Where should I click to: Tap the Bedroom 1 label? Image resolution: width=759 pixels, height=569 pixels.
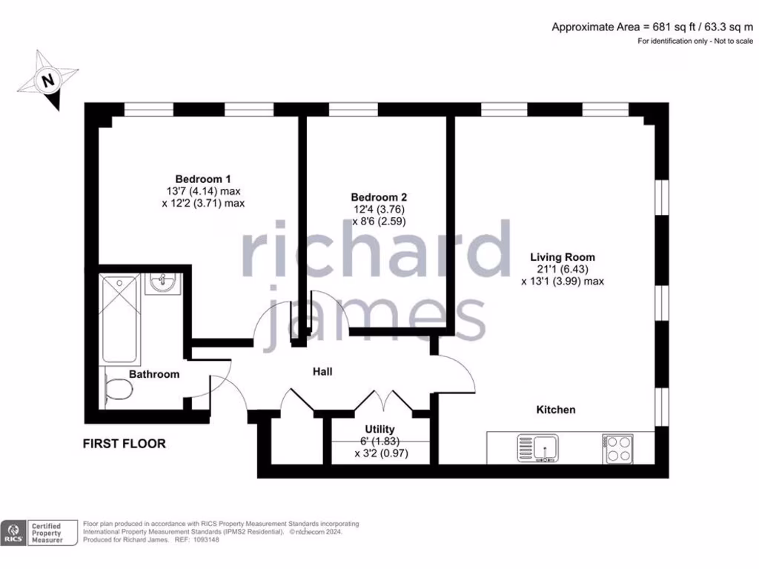click(x=203, y=179)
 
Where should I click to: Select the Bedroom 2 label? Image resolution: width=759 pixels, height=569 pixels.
click(x=379, y=198)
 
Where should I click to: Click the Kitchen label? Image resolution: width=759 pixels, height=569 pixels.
click(x=556, y=410)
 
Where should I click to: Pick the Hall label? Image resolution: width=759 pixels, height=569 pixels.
click(x=322, y=370)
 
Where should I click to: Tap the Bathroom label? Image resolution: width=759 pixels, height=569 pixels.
click(x=154, y=374)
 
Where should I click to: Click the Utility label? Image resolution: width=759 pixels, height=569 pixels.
click(x=379, y=429)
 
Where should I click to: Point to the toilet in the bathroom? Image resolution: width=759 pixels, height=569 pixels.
click(x=116, y=390)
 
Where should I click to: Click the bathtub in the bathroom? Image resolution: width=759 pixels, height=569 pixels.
click(x=120, y=318)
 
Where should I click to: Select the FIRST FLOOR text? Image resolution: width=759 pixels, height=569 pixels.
click(x=124, y=445)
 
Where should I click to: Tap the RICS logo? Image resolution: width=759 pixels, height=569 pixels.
click(x=12, y=533)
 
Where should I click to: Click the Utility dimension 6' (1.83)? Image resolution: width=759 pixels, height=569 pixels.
click(x=379, y=442)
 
